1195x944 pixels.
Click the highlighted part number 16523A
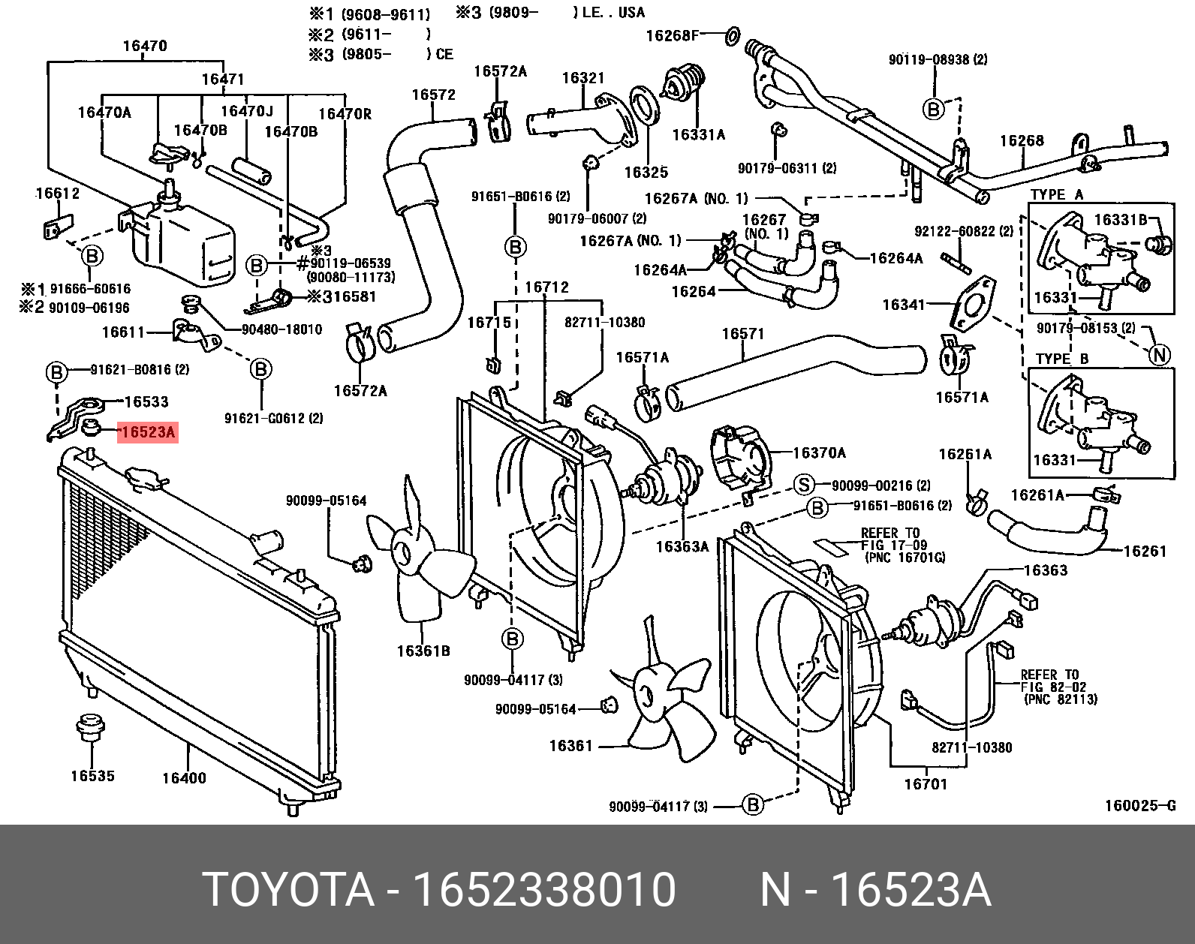[x=147, y=432]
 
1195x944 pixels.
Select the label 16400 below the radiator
[x=183, y=778]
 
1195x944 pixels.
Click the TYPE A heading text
[x=1057, y=195]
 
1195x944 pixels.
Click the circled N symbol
[x=1160, y=355]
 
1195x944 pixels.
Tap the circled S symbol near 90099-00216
[x=804, y=485]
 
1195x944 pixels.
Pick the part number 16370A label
[x=819, y=452]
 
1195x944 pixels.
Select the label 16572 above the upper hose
[x=433, y=95]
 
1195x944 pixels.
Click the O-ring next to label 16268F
[x=733, y=34]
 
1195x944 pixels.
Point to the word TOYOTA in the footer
[x=289, y=891]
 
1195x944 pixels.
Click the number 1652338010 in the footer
[x=545, y=891]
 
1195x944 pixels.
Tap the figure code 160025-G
[x=1139, y=807]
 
